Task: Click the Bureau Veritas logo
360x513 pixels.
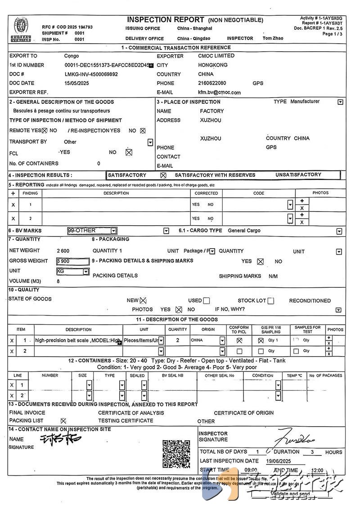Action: pos(21,30)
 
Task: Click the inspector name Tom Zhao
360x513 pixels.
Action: pos(273,38)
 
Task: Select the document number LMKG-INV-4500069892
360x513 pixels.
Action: pos(91,74)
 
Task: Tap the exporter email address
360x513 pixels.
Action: pos(219,92)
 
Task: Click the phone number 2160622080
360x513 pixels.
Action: pos(212,83)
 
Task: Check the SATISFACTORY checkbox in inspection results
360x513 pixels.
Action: pos(163,175)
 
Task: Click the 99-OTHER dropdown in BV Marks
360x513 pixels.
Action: pos(92,231)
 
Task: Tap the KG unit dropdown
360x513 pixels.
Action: pos(72,272)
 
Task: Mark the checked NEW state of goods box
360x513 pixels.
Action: pos(143,301)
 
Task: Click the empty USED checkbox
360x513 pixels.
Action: pos(207,301)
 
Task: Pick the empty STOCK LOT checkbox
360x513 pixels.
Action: pos(270,301)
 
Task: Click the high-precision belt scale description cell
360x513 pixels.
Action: pos(77,341)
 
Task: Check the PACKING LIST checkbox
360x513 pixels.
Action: pos(63,421)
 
